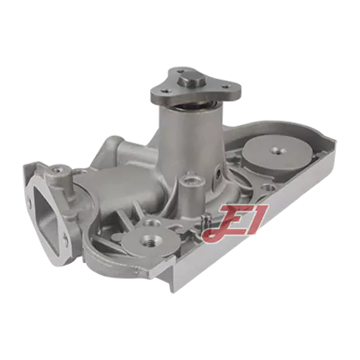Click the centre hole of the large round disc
(276, 150)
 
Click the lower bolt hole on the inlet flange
(66, 238)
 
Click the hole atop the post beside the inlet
(57, 170)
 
